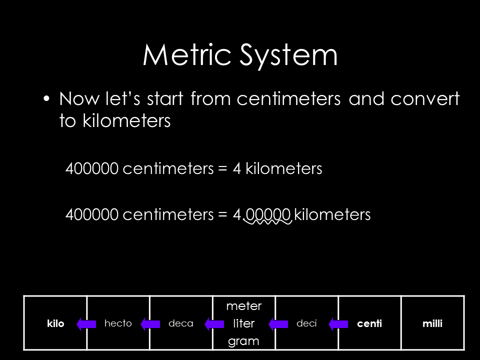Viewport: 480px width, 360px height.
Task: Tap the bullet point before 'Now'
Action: click(47, 98)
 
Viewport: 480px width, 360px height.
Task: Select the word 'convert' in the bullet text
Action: click(425, 99)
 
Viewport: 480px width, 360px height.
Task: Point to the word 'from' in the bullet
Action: click(210, 99)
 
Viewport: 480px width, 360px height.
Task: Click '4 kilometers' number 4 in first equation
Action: click(237, 169)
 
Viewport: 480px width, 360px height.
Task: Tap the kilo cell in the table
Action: click(56, 323)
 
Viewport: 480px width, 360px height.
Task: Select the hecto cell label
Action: click(118, 323)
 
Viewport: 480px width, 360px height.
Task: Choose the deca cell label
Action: click(181, 323)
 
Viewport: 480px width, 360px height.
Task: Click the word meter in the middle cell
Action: click(244, 305)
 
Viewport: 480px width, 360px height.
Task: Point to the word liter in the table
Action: click(244, 323)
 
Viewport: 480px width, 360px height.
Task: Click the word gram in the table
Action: click(244, 341)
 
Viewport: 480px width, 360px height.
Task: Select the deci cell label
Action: click(306, 323)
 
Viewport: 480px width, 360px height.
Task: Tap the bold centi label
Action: click(369, 323)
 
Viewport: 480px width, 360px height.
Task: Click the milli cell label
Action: click(432, 323)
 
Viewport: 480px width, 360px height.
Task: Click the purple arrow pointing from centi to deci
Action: click(338, 324)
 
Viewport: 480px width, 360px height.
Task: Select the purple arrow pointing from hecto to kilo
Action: click(86, 324)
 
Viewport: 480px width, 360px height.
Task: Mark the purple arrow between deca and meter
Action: click(214, 324)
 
